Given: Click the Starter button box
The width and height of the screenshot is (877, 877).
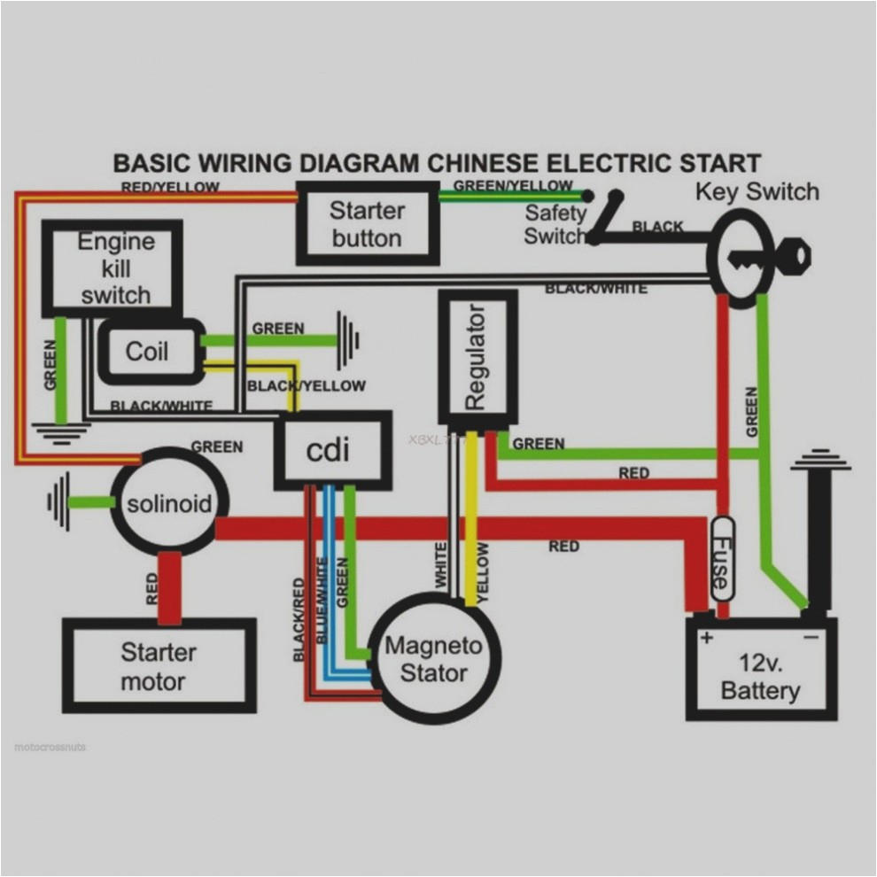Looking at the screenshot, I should [367, 224].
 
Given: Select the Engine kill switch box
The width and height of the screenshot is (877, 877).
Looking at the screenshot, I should [114, 268].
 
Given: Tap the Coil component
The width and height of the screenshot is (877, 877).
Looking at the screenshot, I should [148, 352].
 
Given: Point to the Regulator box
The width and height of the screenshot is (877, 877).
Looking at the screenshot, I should [477, 357].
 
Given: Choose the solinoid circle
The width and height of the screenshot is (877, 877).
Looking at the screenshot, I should [169, 504].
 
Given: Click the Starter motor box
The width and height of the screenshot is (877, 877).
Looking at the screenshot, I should [159, 666].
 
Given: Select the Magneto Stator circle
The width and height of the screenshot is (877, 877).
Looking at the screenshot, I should [434, 659].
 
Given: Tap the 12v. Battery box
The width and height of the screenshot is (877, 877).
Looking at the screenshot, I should [761, 677].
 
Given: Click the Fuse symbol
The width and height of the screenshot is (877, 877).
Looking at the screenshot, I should [723, 563].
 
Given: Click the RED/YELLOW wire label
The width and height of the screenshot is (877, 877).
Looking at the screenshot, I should [170, 187].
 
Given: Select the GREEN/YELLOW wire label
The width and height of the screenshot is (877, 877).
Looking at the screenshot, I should [513, 185].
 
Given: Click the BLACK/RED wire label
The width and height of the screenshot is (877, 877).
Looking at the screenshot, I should [299, 619].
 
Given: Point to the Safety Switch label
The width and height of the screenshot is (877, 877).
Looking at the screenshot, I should [555, 224].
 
